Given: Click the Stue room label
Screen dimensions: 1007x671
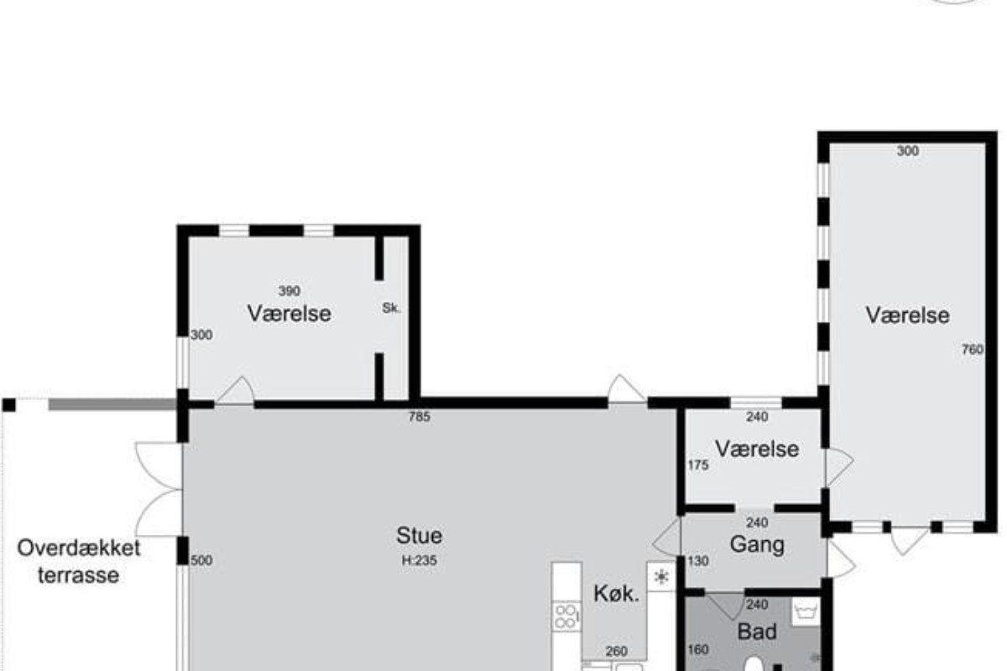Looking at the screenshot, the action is pos(419,535).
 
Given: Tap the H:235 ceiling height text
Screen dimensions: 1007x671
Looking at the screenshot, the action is pos(419,560).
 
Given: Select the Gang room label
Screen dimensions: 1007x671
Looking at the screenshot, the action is pos(757,544).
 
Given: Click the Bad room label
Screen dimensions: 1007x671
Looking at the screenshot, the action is pos(757,632).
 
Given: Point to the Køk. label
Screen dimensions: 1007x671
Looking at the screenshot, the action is pos(616,594).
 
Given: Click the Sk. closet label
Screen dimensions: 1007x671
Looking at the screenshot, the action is pos(391,308).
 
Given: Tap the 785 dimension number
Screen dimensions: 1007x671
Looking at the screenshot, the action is pos(420,417).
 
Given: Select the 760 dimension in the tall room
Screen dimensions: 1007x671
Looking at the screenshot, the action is pos(973,349).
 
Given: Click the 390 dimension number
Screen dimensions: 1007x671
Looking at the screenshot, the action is pos(289,291).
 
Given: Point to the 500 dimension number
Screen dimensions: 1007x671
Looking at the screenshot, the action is pos(201,560).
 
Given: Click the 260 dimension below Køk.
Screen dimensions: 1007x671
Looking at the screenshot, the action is pos(616,651).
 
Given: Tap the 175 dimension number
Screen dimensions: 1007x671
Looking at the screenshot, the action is pos(698,466).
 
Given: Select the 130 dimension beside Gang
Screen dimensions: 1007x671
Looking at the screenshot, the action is pos(698,561).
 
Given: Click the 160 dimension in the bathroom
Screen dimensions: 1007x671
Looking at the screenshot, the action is pos(698,649).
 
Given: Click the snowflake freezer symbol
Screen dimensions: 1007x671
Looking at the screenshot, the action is pos(661,576).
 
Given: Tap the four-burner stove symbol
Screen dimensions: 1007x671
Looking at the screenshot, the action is pos(566,616).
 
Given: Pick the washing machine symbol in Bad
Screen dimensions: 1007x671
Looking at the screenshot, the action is pos(806,611).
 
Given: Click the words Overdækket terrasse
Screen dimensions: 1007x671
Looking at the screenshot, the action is pos(79,562).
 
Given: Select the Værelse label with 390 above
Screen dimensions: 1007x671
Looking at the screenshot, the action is pos(289,313).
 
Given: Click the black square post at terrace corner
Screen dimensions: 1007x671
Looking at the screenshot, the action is pos(9,405).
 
